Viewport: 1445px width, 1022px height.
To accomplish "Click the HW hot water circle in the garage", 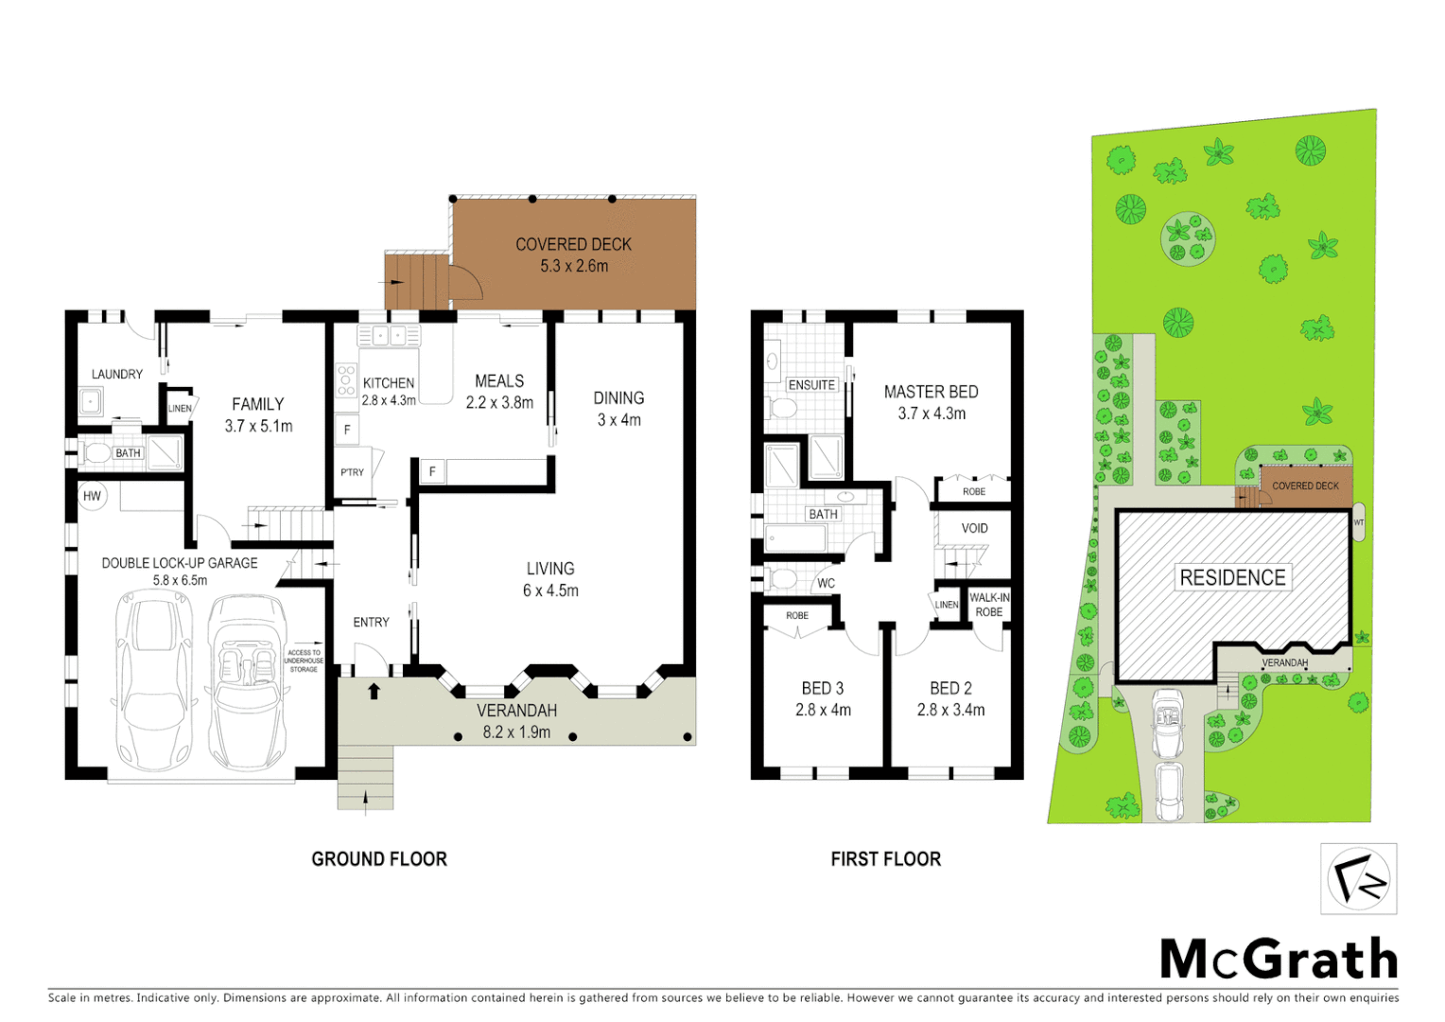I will (x=92, y=496).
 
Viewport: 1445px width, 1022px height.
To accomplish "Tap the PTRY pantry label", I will (x=352, y=472).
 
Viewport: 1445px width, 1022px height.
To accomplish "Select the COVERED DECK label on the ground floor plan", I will (x=573, y=244).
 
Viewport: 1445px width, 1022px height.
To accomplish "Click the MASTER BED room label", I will (x=931, y=392).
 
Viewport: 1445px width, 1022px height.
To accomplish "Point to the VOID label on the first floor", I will (x=974, y=528).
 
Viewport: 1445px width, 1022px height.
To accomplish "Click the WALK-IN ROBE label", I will (x=989, y=605).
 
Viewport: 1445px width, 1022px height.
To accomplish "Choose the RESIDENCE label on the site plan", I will (x=1232, y=577).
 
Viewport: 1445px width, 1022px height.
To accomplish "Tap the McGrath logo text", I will (x=1279, y=960).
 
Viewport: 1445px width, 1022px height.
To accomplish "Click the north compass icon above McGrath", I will (x=1358, y=879).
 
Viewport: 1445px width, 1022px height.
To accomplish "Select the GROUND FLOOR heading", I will (x=379, y=859).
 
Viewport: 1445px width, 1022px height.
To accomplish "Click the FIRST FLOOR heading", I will (x=885, y=859).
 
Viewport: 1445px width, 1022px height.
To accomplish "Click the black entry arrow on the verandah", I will (x=374, y=691).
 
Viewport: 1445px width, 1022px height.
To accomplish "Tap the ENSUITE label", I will (x=811, y=385).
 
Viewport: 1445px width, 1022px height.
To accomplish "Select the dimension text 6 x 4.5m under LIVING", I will (x=550, y=590).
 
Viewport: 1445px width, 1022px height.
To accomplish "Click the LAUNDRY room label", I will (x=117, y=374).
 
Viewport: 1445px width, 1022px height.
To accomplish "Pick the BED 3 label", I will (x=822, y=688).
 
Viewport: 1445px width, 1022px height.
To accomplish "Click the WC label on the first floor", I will (x=826, y=583).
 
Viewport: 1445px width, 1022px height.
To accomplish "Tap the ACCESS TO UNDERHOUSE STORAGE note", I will (x=304, y=661).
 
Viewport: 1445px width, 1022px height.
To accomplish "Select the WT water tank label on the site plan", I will (x=1359, y=522).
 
